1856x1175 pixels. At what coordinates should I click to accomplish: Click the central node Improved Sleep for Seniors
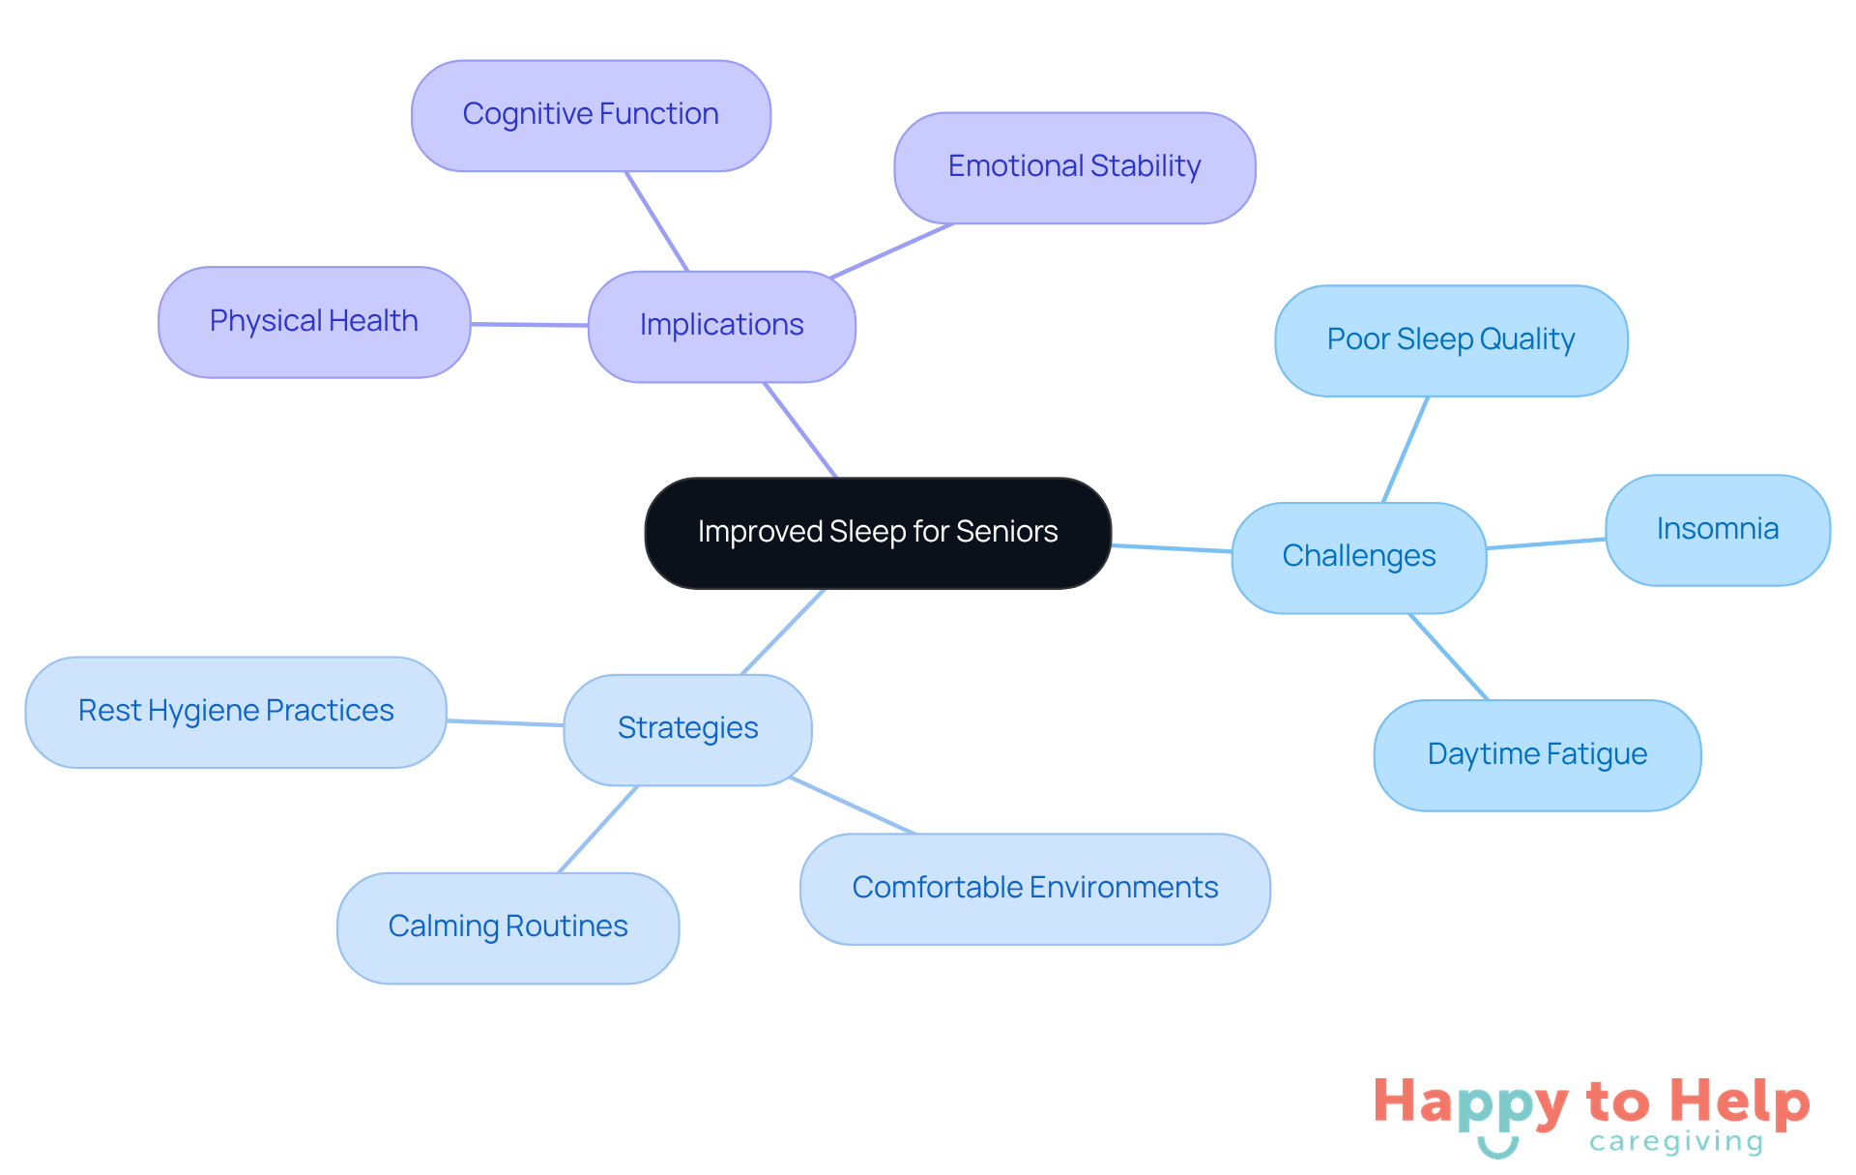point(878,533)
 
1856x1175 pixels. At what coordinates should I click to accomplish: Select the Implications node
point(721,326)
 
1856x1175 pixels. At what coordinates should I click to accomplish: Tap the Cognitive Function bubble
point(591,115)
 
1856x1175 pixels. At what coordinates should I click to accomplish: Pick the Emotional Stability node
point(1074,167)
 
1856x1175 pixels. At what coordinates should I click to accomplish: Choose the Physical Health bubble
point(314,322)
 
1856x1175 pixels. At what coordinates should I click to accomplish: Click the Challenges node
point(1358,557)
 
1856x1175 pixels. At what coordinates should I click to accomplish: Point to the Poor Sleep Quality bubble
point(1450,340)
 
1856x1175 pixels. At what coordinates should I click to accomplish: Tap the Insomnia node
point(1717,530)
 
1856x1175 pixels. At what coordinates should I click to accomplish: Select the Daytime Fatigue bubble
point(1537,755)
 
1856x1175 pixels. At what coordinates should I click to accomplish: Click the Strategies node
point(687,729)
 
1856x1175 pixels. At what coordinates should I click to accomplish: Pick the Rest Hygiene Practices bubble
point(236,712)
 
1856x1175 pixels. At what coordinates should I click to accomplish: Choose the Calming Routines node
point(507,927)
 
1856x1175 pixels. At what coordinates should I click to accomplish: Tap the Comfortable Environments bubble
point(1034,889)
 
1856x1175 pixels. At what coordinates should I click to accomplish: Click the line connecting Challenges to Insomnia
point(1546,543)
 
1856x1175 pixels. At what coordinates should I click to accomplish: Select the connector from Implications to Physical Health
point(530,325)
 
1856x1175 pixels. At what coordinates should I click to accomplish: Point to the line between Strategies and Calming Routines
point(598,829)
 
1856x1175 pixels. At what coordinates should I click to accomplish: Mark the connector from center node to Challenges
point(1172,548)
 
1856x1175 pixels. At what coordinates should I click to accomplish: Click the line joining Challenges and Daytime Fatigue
point(1448,657)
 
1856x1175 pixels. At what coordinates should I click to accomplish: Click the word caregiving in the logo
point(1676,1142)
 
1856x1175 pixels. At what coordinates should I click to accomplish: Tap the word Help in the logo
point(1739,1102)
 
